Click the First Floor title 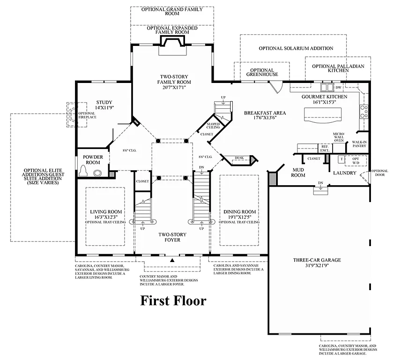click(x=173, y=300)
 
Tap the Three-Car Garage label click(x=317, y=260)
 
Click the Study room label click(x=104, y=102)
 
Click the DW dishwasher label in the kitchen click(x=338, y=87)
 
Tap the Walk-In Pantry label click(x=359, y=144)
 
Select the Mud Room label click(x=298, y=172)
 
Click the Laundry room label click(x=345, y=173)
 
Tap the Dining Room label click(x=239, y=211)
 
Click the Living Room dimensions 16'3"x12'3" click(x=106, y=217)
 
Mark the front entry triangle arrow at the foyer click(x=172, y=259)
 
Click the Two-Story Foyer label click(x=172, y=237)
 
